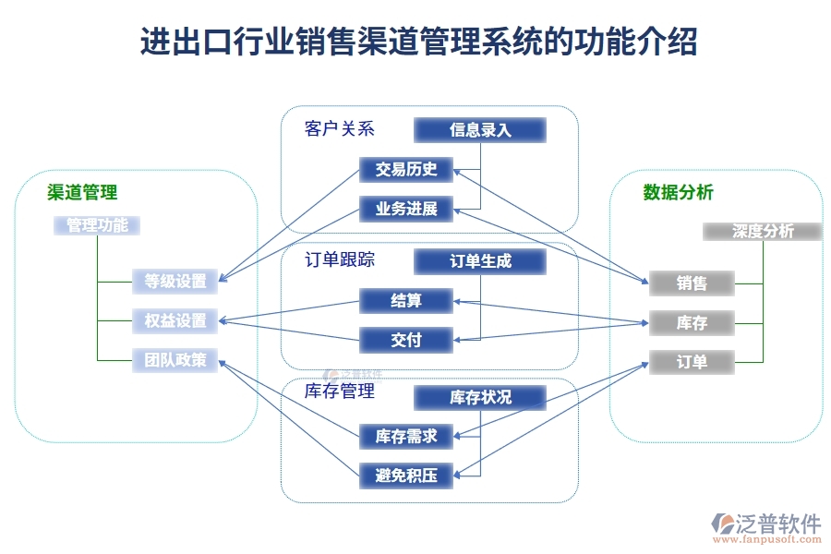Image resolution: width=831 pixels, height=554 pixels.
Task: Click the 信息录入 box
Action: click(x=480, y=130)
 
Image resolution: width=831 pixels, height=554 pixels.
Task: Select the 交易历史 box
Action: click(x=406, y=169)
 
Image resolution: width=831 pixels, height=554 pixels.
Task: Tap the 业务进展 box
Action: click(x=406, y=209)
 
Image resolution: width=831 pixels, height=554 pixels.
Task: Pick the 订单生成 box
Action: click(x=480, y=261)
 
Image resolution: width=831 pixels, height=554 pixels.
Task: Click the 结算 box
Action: click(x=406, y=300)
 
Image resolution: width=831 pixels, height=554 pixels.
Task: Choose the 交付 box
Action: click(x=406, y=340)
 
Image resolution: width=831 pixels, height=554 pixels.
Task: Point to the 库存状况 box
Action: click(x=480, y=397)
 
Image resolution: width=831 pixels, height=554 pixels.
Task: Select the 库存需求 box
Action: click(x=406, y=436)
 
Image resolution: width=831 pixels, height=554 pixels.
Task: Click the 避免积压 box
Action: click(x=406, y=476)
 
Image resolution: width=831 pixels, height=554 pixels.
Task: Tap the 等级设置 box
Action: click(x=175, y=281)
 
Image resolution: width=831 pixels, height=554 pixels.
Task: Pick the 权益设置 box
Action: click(x=175, y=320)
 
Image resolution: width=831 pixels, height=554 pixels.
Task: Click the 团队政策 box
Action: click(x=175, y=359)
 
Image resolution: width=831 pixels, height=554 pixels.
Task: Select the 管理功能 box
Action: click(x=97, y=225)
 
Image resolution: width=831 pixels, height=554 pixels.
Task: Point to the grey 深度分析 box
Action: click(x=763, y=231)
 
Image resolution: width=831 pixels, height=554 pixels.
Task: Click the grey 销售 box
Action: click(x=692, y=283)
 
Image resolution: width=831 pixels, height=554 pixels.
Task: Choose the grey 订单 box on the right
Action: click(x=692, y=362)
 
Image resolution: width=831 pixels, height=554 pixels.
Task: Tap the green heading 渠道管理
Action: click(x=83, y=192)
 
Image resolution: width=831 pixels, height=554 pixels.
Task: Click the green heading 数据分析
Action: click(x=678, y=192)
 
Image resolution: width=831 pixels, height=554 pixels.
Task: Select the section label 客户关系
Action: click(x=339, y=129)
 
